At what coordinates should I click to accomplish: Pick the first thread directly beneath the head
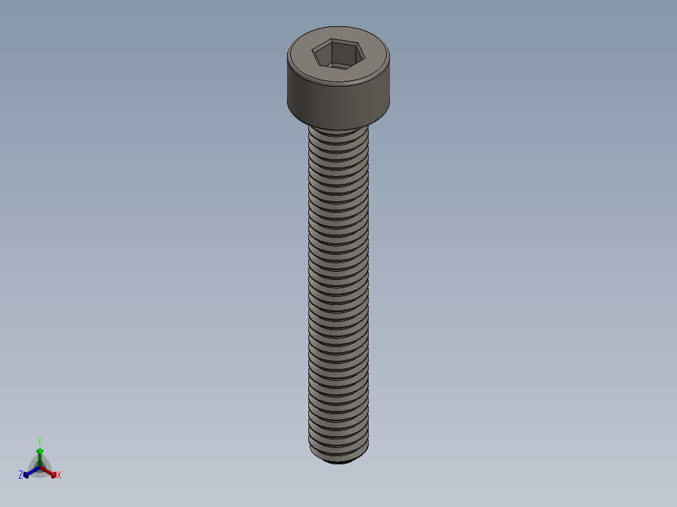point(338,134)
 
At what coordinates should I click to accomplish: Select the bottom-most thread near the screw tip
point(338,451)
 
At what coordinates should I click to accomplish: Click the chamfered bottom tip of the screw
point(339,461)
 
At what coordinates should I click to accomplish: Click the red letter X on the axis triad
point(59,476)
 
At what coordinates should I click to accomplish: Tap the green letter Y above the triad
point(40,441)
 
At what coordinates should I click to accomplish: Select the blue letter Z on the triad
point(21,476)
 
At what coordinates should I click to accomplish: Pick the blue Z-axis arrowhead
point(26,474)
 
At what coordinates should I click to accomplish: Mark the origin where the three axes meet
point(40,467)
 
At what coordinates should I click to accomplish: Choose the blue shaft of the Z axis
point(33,471)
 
